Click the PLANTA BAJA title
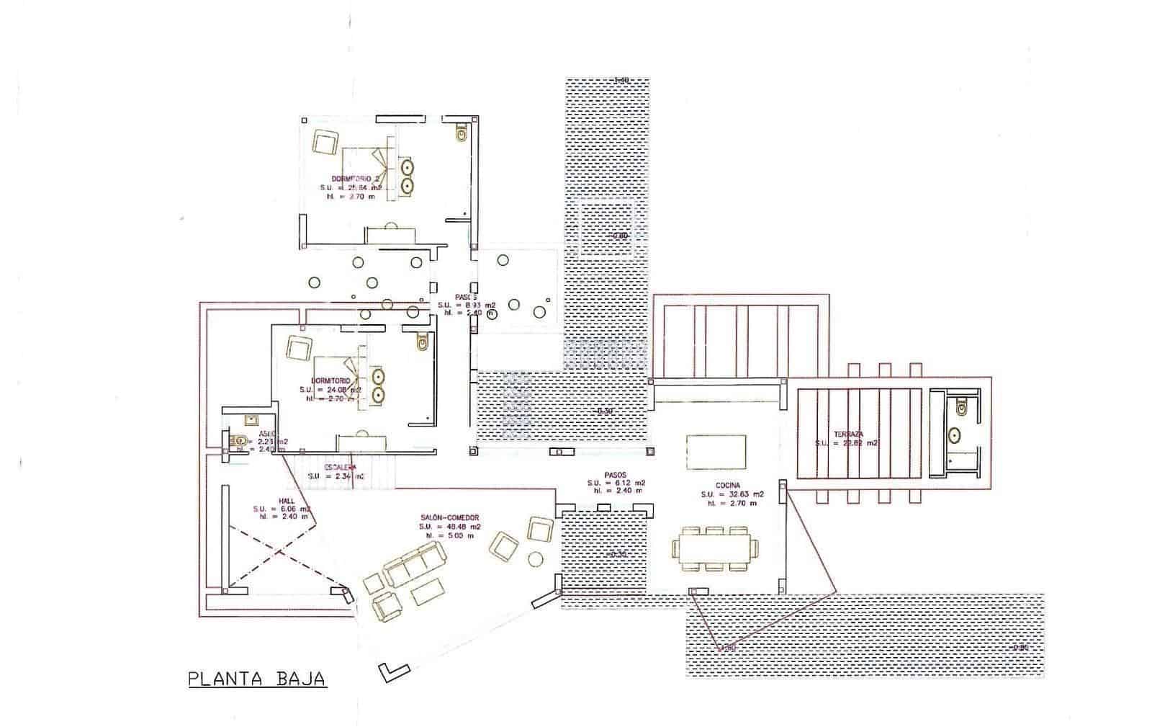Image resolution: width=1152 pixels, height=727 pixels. (257, 679)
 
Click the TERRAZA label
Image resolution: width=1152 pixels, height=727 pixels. (849, 434)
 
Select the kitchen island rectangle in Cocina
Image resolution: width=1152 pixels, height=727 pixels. (716, 452)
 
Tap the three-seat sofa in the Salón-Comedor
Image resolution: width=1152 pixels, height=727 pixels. (413, 564)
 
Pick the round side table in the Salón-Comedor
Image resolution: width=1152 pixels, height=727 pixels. (536, 559)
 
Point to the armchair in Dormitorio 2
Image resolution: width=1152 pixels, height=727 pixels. (325, 141)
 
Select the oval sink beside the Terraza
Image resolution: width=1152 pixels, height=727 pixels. (955, 435)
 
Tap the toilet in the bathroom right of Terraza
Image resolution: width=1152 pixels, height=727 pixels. (961, 409)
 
